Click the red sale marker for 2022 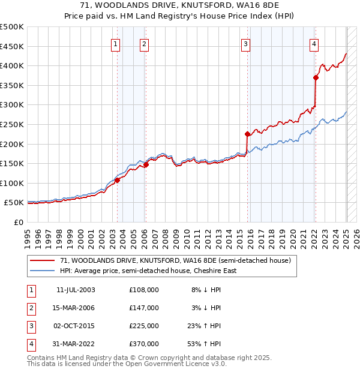click(x=316, y=77)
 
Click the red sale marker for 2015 click(x=247, y=134)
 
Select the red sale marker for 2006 click(x=146, y=164)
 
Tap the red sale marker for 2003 click(x=118, y=180)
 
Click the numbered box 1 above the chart click(x=115, y=43)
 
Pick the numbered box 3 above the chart click(x=245, y=43)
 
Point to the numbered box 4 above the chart click(x=314, y=43)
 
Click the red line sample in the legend click(x=43, y=261)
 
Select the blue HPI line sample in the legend click(x=43, y=271)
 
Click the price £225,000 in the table click(x=144, y=326)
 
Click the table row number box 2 click(x=31, y=308)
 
